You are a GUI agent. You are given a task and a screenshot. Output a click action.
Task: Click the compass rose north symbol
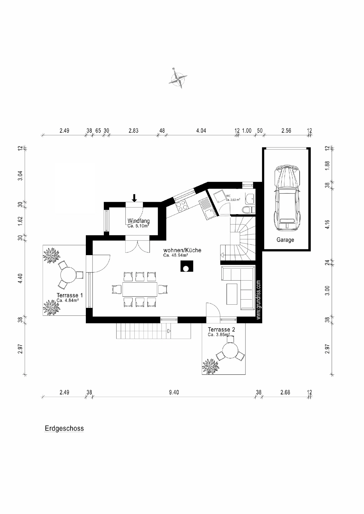point(178,78)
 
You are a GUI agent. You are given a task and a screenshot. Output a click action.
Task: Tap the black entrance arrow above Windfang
point(134,198)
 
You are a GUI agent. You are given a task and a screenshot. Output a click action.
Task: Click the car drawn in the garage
point(286,198)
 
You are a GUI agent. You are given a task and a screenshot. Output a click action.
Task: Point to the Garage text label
point(285,240)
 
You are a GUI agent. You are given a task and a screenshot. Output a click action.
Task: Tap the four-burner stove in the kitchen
point(182,206)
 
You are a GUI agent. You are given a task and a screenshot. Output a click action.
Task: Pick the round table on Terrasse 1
point(68,275)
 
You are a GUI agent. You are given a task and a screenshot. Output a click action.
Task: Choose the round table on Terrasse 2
point(230,351)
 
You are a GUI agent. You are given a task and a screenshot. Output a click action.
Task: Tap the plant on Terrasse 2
point(210,366)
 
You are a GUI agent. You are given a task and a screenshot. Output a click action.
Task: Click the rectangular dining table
point(139,289)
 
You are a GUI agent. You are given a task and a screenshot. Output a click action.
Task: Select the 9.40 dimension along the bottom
point(174,392)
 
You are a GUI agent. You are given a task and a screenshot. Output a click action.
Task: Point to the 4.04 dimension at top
point(201,131)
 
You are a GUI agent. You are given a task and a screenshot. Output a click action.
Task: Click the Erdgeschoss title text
point(64,428)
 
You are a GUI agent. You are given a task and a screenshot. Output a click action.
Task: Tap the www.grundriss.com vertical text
point(259,300)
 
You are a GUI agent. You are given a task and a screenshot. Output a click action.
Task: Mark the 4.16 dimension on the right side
point(327,224)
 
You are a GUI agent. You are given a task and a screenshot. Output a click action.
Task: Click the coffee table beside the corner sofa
point(232,294)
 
